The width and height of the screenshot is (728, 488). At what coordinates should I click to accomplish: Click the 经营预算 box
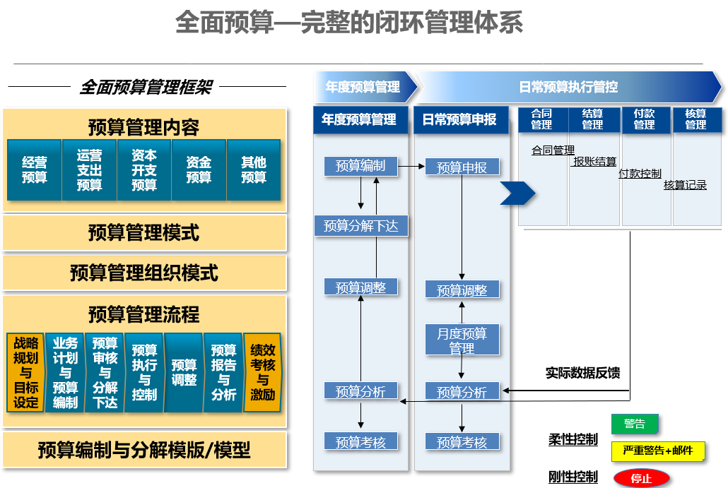click(34, 170)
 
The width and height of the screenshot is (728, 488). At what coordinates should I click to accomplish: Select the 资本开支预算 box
click(144, 170)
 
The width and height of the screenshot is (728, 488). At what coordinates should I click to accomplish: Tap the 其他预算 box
click(254, 170)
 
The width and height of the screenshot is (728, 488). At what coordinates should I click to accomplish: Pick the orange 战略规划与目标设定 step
click(26, 373)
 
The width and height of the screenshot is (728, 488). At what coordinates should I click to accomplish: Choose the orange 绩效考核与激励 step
click(262, 373)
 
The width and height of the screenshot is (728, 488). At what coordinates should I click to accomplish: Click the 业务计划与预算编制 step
click(65, 373)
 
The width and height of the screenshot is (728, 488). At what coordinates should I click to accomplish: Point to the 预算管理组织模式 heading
click(144, 273)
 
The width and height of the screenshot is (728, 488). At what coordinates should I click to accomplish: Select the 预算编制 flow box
click(360, 167)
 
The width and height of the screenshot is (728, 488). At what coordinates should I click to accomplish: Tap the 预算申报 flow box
click(462, 167)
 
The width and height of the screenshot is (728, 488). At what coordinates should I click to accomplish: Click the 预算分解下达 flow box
click(360, 226)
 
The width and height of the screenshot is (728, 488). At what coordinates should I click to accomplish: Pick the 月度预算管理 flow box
click(462, 340)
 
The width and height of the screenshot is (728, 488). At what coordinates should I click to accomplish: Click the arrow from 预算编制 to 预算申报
click(411, 167)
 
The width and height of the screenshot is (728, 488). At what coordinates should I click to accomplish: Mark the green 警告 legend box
click(634, 424)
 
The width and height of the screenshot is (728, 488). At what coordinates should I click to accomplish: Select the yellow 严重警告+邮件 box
click(657, 451)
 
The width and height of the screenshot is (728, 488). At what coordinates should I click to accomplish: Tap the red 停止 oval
click(641, 478)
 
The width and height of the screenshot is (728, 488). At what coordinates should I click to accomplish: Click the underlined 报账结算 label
click(594, 162)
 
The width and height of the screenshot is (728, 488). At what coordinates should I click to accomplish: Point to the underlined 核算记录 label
click(685, 185)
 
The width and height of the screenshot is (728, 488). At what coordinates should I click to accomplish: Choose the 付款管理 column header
click(644, 119)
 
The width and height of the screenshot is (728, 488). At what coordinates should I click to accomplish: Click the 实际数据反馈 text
click(582, 373)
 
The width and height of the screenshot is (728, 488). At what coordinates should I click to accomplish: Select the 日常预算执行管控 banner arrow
click(569, 87)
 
